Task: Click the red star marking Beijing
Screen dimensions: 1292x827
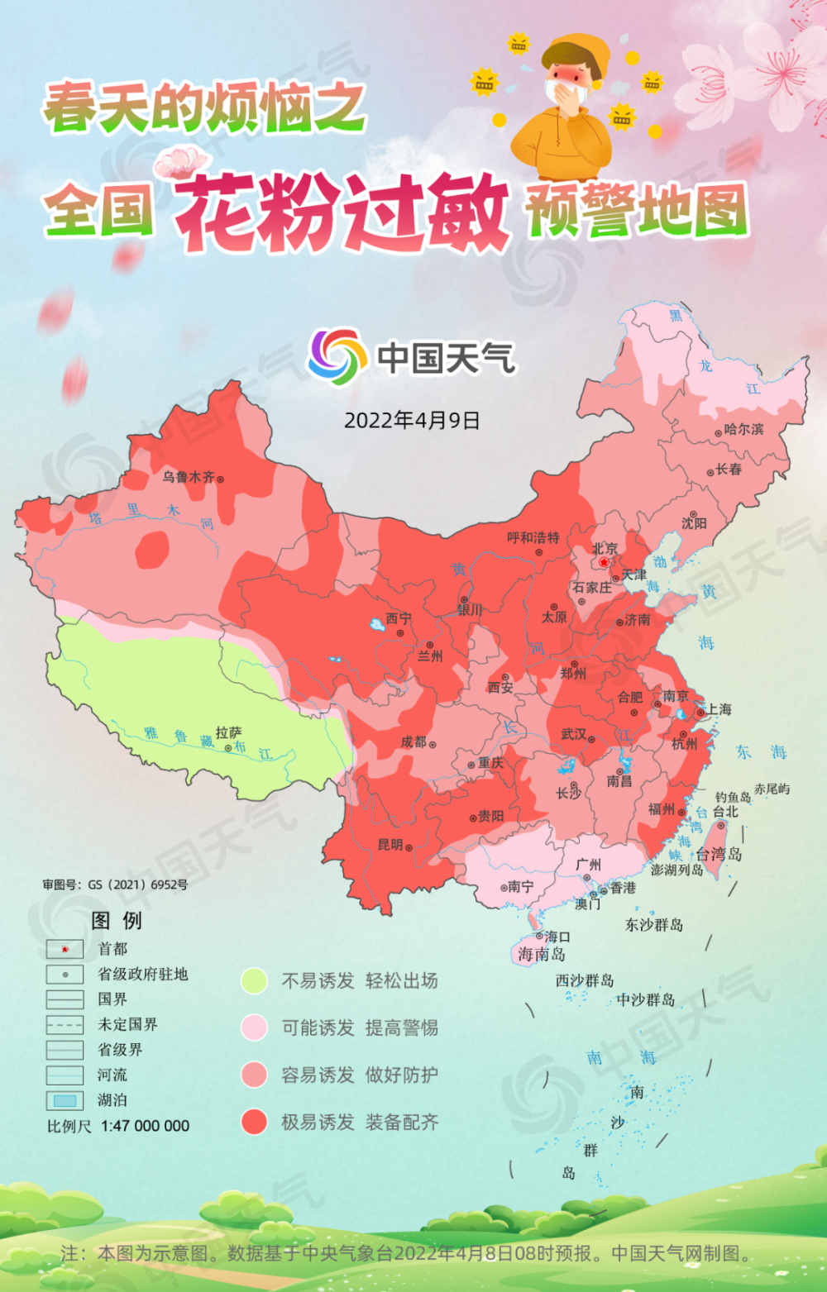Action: click(x=604, y=562)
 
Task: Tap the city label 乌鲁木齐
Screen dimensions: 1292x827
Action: click(x=188, y=477)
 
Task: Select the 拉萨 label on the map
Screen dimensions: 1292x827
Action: click(x=228, y=732)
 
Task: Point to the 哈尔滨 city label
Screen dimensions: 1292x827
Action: click(x=743, y=429)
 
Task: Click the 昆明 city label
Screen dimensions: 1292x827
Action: click(x=390, y=845)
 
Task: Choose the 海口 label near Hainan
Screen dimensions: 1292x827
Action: click(x=557, y=937)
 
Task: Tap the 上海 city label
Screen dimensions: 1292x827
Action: click(x=719, y=709)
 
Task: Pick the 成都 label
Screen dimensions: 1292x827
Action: click(x=413, y=742)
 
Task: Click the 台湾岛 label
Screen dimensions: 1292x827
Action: click(x=719, y=854)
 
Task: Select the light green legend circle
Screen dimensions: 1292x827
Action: click(x=254, y=981)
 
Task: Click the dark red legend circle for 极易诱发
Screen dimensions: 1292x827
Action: click(x=254, y=1122)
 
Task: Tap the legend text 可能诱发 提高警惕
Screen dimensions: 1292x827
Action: click(x=359, y=1027)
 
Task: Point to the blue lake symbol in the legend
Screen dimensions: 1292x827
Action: click(x=65, y=1100)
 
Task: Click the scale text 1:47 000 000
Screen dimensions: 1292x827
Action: click(x=145, y=1126)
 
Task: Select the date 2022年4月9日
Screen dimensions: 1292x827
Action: click(x=412, y=420)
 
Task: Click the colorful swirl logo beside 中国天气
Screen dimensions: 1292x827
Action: click(x=337, y=356)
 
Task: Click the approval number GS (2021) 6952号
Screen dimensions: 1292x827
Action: click(x=137, y=884)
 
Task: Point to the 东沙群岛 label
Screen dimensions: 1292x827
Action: click(x=653, y=924)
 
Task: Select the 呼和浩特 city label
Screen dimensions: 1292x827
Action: click(x=533, y=537)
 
